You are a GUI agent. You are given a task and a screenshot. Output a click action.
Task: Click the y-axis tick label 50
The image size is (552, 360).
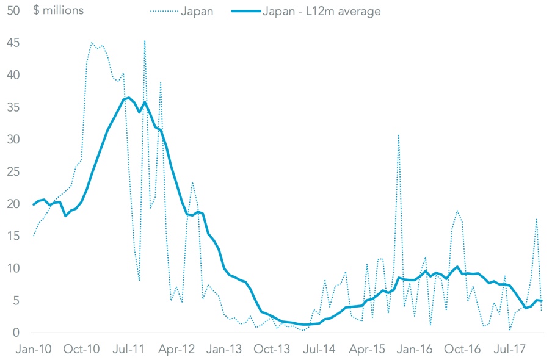(x=12, y=11)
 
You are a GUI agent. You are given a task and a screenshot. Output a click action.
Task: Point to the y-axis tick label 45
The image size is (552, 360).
(x=12, y=43)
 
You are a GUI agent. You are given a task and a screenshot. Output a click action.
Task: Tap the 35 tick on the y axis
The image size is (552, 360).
(x=12, y=107)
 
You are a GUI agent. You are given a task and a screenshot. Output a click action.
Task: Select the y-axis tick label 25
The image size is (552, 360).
(x=12, y=172)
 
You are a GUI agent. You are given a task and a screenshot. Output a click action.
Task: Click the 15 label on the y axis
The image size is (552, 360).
(x=12, y=236)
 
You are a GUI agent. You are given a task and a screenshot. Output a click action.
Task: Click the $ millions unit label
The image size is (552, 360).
(x=59, y=11)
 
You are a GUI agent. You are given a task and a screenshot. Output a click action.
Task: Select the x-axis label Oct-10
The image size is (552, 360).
(x=82, y=350)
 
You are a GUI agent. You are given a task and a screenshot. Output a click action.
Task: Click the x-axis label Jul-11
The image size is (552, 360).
(x=129, y=350)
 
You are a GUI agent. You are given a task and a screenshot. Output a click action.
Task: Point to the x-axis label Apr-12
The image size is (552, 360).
(x=177, y=350)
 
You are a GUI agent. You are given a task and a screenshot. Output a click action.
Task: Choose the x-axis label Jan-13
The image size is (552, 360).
(x=225, y=350)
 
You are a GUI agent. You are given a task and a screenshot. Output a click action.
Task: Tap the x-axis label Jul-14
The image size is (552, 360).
(x=320, y=350)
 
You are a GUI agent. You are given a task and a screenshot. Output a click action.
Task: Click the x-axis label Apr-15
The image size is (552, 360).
(x=368, y=350)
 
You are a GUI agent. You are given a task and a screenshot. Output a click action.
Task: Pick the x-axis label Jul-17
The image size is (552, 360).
(x=510, y=350)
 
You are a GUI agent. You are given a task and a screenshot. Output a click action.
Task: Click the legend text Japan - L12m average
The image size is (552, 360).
(x=321, y=12)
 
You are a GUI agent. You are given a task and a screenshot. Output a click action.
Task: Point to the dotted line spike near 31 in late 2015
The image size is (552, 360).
(x=399, y=135)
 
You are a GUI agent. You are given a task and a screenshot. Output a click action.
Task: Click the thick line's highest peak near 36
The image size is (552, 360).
(x=128, y=98)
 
